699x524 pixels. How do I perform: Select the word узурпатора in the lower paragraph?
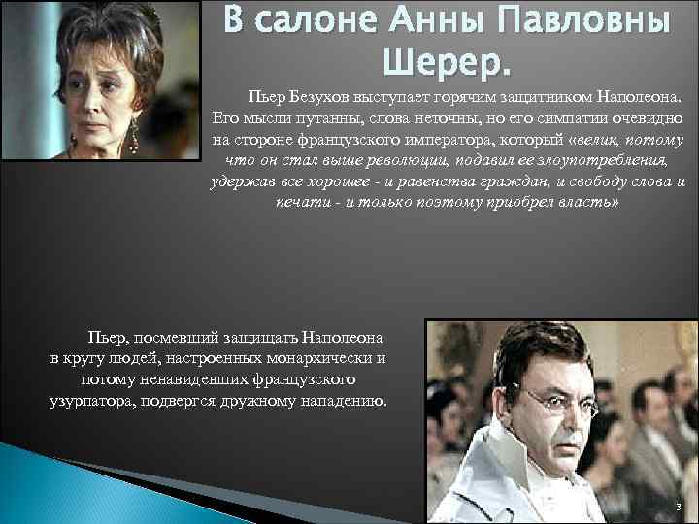click(x=93, y=400)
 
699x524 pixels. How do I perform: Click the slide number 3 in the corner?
click(x=680, y=507)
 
